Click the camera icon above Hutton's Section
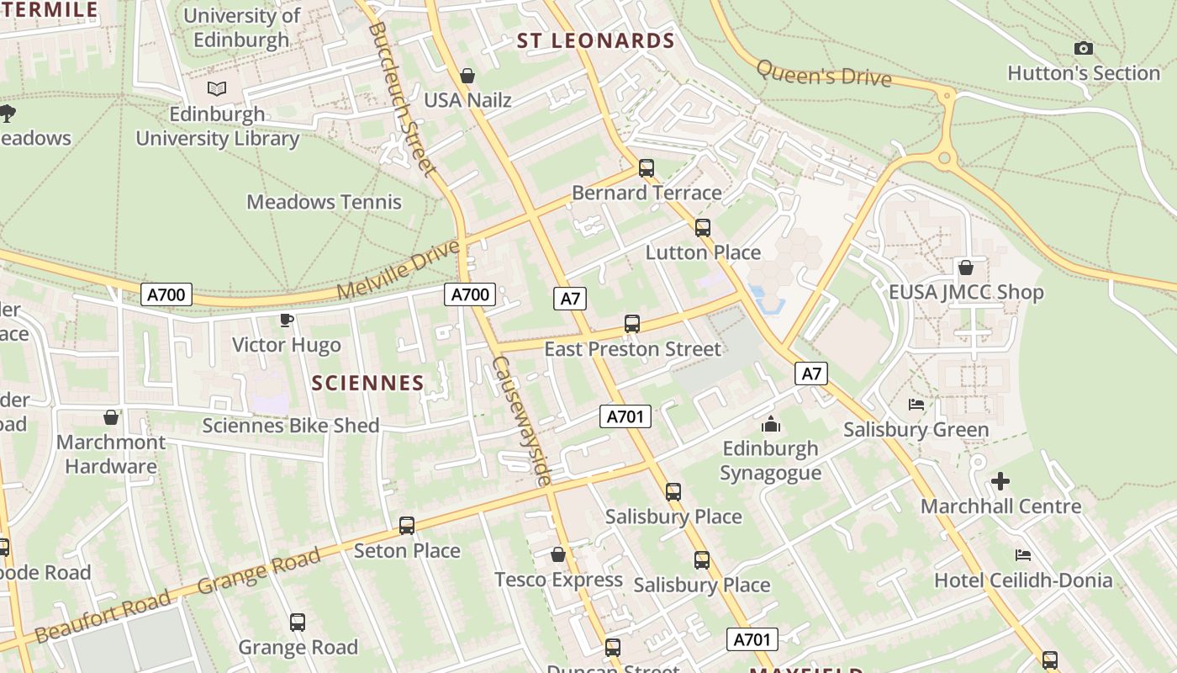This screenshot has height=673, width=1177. [1084, 49]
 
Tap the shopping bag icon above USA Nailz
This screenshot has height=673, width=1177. [467, 76]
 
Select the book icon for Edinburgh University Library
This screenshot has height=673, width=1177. [217, 88]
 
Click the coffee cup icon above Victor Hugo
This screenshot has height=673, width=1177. [286, 320]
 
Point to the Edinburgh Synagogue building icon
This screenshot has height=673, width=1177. [771, 424]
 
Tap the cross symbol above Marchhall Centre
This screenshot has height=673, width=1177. [1000, 482]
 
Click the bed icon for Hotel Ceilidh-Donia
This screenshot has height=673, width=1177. [1023, 555]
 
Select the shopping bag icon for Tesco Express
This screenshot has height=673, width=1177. [557, 554]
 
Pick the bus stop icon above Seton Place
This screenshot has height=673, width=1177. [407, 526]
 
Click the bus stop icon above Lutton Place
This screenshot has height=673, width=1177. [703, 228]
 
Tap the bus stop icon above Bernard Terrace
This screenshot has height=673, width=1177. [646, 168]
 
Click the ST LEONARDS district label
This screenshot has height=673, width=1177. [595, 40]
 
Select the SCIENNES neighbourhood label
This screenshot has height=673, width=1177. [367, 383]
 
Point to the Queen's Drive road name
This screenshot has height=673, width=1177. [823, 73]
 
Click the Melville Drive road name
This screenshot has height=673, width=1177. [399, 269]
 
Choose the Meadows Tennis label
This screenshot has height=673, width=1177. [324, 202]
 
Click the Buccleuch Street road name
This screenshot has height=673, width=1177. [403, 99]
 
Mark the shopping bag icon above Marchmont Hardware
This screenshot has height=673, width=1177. [110, 417]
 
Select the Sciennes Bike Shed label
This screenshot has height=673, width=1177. [291, 426]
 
